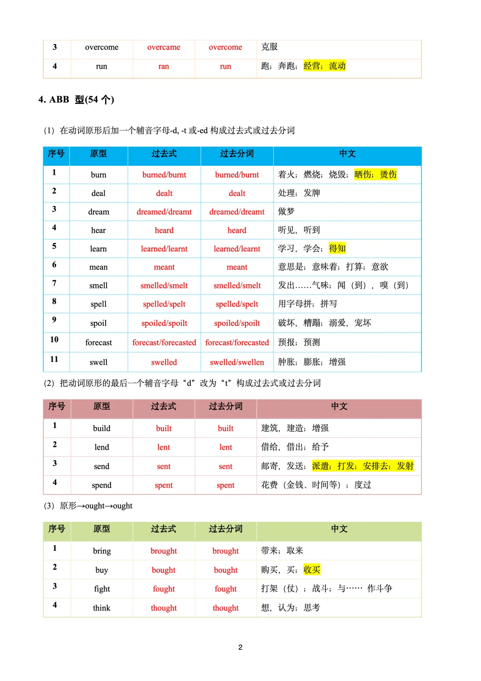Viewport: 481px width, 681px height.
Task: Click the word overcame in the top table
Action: click(x=163, y=47)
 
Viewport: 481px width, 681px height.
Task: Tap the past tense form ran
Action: click(x=163, y=66)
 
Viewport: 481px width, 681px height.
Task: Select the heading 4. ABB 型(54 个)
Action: click(x=76, y=99)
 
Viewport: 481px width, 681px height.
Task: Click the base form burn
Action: click(x=98, y=175)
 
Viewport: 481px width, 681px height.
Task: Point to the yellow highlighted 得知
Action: click(x=337, y=248)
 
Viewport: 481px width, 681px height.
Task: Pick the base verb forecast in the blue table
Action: click(x=98, y=342)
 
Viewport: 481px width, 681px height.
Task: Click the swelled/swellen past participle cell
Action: click(x=237, y=362)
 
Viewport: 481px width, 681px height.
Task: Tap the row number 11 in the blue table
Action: click(x=54, y=359)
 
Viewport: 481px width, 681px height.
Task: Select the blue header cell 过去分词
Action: click(x=237, y=154)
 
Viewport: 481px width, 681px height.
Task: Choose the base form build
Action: click(x=102, y=428)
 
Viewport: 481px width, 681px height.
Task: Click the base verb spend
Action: click(x=102, y=485)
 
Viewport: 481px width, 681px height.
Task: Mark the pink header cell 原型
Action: click(x=102, y=406)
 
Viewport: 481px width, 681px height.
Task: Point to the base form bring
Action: click(x=102, y=551)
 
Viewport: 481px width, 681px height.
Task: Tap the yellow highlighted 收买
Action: click(x=312, y=570)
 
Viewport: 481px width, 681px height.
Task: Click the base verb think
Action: click(x=102, y=608)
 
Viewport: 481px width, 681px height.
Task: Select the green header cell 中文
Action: click(x=339, y=529)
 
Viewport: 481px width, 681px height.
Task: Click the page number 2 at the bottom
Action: click(x=240, y=647)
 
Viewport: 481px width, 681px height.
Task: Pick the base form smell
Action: click(x=98, y=286)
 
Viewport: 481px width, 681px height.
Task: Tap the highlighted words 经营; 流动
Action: click(x=325, y=66)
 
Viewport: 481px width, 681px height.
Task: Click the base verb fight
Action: click(x=102, y=589)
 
